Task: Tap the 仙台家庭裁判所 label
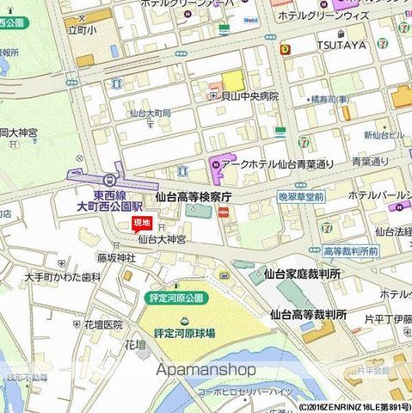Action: pos(302,274)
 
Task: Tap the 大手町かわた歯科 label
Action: pos(63,277)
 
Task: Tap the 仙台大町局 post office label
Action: pos(149,113)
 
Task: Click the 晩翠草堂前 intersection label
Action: pos(301,197)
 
